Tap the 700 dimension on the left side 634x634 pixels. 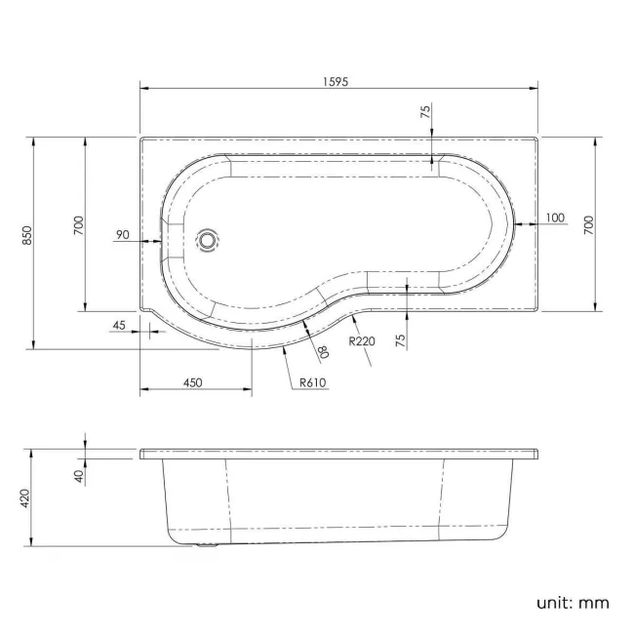pyautogui.click(x=77, y=225)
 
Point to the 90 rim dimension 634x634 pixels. pyautogui.click(x=123, y=234)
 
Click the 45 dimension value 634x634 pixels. pyautogui.click(x=119, y=325)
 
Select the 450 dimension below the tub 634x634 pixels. pyautogui.click(x=191, y=382)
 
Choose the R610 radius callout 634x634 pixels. pyautogui.click(x=312, y=381)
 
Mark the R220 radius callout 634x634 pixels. pyautogui.click(x=362, y=340)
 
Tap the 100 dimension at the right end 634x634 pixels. pyautogui.click(x=555, y=218)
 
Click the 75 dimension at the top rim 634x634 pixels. pyautogui.click(x=425, y=113)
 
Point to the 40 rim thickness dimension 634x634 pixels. pyautogui.click(x=78, y=474)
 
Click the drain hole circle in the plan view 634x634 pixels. pyautogui.click(x=208, y=239)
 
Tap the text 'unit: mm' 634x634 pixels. pyautogui.click(x=572, y=602)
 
